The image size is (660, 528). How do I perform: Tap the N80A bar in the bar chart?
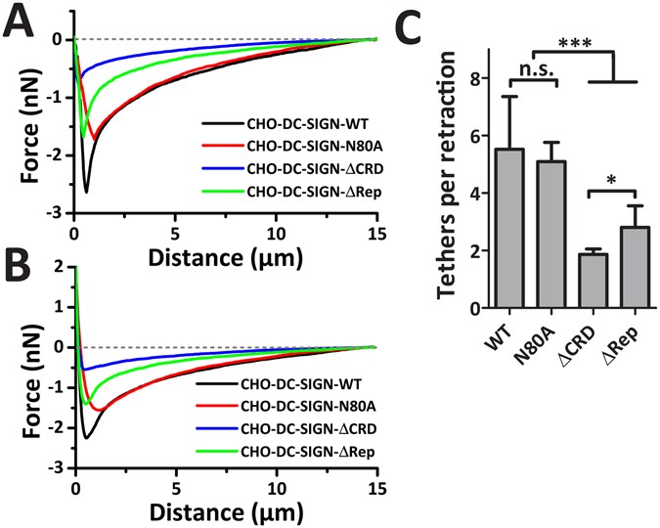coord(550,235)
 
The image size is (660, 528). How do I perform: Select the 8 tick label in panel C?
coord(473,79)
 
